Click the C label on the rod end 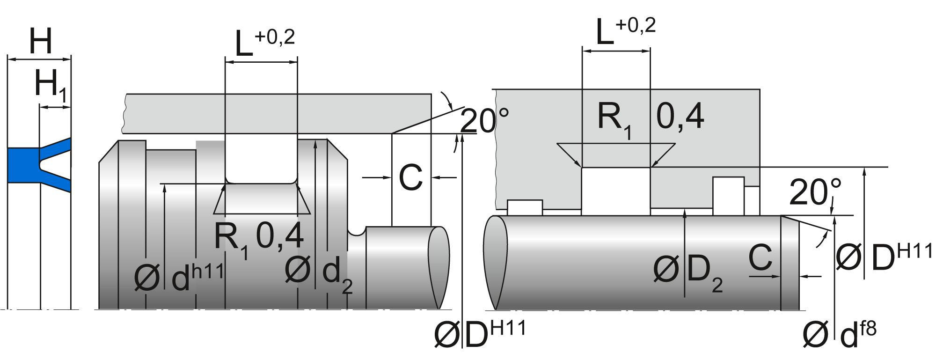760,257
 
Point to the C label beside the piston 410,178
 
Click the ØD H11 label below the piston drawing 480,335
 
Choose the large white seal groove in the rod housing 616,190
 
